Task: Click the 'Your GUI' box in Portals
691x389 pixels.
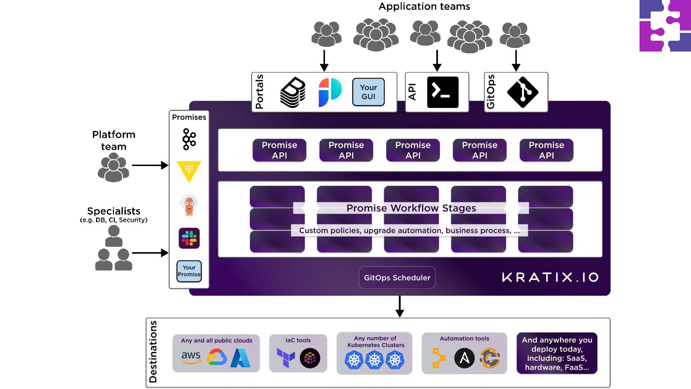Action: tap(368, 92)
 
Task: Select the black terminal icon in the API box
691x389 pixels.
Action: tap(443, 92)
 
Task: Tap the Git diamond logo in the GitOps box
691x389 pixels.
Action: tap(523, 92)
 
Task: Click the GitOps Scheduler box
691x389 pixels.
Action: tap(397, 278)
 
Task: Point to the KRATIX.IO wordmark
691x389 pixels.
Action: tap(550, 277)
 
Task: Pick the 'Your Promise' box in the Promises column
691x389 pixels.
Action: tap(189, 271)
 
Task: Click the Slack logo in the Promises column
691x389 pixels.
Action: tap(189, 238)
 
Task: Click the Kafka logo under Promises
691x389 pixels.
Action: tap(189, 139)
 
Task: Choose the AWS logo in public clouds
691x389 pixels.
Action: tap(191, 358)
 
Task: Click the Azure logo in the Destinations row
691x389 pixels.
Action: tap(240, 358)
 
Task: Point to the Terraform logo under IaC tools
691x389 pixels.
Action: tap(286, 358)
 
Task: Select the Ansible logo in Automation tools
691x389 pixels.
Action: tap(464, 358)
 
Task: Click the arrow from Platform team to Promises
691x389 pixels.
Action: tap(150, 165)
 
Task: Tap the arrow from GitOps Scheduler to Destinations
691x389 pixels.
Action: tap(399, 306)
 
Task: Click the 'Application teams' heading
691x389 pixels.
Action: tap(424, 6)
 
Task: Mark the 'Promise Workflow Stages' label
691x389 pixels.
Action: tap(411, 208)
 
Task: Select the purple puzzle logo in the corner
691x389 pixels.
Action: tap(665, 26)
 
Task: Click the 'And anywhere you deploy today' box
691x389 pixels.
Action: tap(557, 353)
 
